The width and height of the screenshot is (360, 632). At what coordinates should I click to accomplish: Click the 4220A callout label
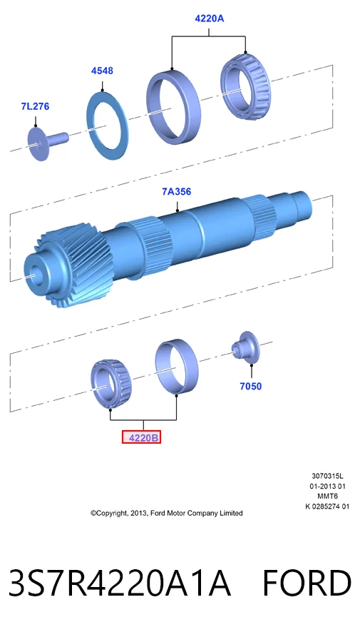pyautogui.click(x=209, y=19)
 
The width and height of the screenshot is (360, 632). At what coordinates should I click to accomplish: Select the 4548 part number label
pyautogui.click(x=102, y=71)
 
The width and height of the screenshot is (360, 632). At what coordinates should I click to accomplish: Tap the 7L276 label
pyautogui.click(x=36, y=106)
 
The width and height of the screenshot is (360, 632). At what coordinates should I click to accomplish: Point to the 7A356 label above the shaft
pyautogui.click(x=177, y=192)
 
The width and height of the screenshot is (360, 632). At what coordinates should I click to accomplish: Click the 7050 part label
pyautogui.click(x=251, y=386)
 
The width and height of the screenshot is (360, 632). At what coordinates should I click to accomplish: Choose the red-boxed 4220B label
pyautogui.click(x=141, y=437)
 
